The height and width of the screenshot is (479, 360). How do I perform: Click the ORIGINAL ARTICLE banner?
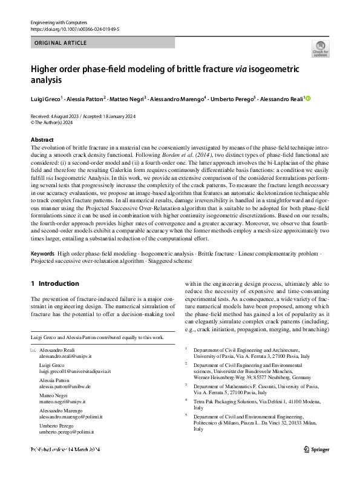[x=61, y=43]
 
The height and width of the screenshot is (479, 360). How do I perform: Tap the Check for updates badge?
[x=320, y=48]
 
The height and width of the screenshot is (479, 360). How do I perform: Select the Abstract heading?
[x=42, y=139]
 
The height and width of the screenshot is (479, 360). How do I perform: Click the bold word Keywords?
[x=43, y=253]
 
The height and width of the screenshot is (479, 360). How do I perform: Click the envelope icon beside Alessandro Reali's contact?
[x=33, y=351]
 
